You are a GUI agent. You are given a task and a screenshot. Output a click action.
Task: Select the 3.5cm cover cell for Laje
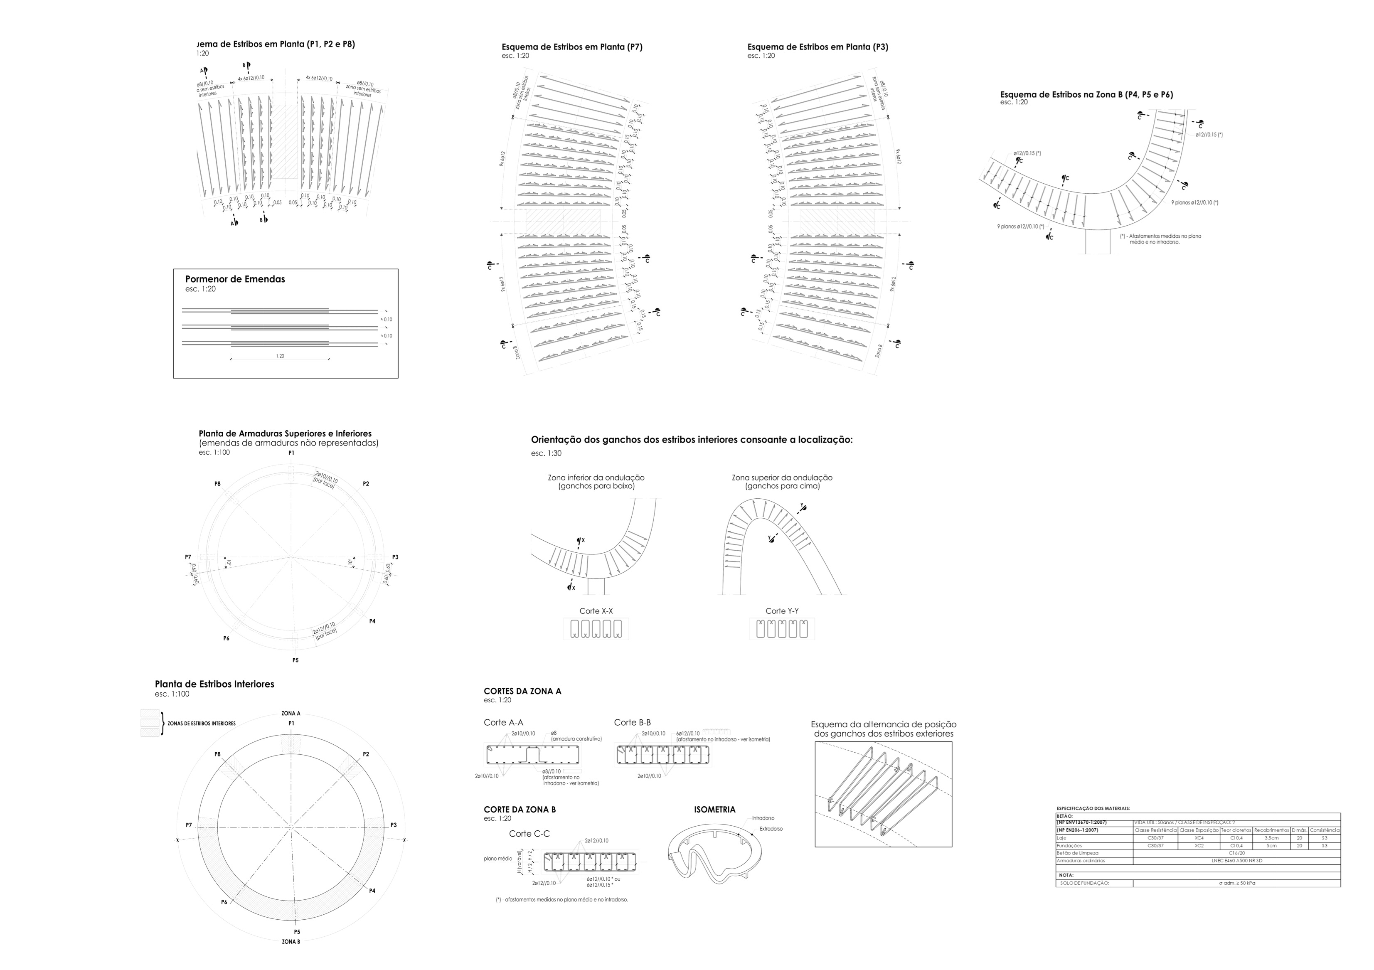coord(1271,838)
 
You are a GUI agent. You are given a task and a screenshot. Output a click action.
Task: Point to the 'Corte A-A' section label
coord(503,722)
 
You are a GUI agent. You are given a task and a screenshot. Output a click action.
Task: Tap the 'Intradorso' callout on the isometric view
coord(763,817)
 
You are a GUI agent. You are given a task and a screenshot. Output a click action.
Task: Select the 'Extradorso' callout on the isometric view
coord(771,829)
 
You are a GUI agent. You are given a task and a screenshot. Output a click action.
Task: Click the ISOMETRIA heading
coord(714,810)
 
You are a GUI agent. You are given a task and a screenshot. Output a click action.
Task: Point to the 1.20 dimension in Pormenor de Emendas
coord(280,356)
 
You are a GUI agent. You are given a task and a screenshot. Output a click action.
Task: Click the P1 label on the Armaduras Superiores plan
coord(291,453)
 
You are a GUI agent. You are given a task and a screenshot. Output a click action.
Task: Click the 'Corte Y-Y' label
coord(782,611)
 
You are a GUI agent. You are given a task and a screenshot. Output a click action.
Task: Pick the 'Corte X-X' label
coord(596,611)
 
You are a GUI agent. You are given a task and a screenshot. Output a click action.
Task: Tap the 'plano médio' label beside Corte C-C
coord(498,858)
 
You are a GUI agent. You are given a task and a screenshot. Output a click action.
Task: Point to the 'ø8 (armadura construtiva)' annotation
coord(576,736)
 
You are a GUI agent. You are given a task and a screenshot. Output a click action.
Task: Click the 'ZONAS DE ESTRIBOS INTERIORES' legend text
coord(202,724)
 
